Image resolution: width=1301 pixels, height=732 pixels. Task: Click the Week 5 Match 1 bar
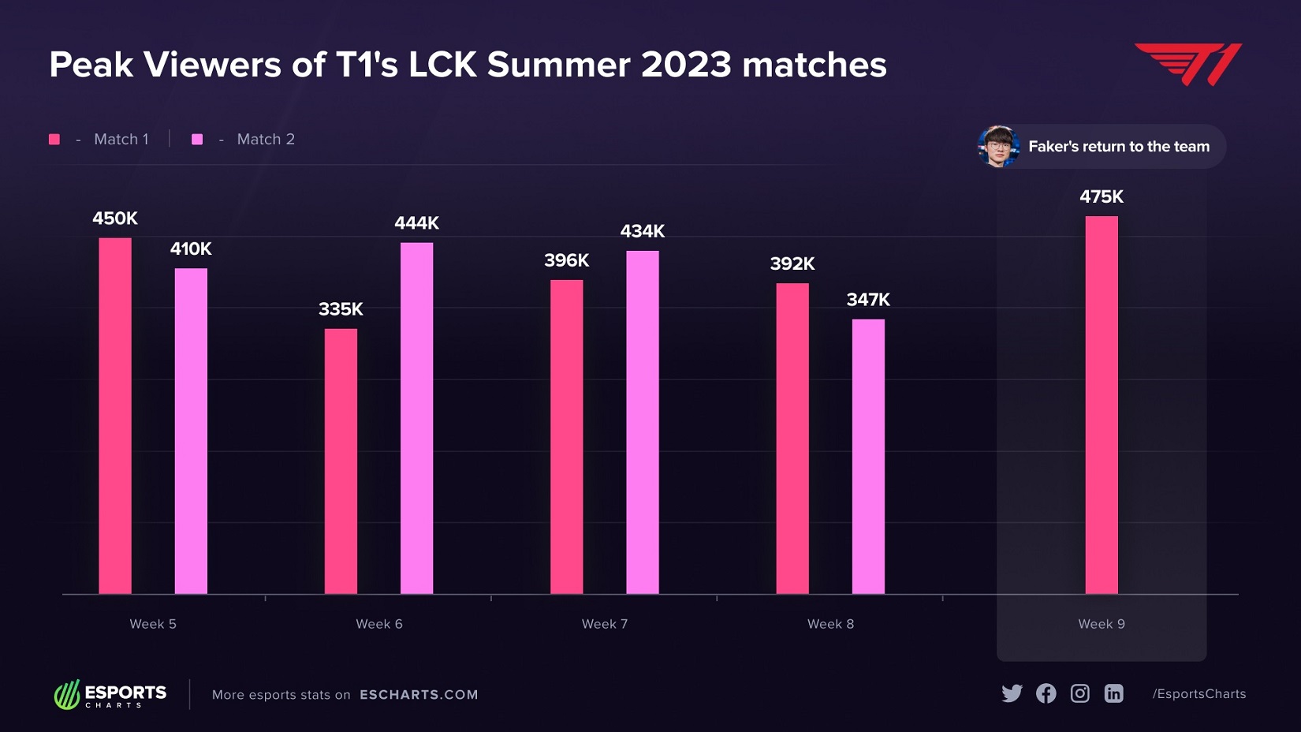[x=115, y=416]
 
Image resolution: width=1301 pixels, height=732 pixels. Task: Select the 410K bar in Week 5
[x=191, y=431]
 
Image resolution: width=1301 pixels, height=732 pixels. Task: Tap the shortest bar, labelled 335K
[x=341, y=461]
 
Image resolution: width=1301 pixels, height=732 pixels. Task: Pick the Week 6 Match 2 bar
[x=416, y=418]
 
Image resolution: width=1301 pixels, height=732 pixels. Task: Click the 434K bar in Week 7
[x=643, y=422]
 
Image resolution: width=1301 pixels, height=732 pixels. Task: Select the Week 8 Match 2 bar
[x=868, y=456]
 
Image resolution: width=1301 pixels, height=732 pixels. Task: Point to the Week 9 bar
[x=1102, y=405]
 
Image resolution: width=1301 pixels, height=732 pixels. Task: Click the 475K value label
[x=1102, y=196]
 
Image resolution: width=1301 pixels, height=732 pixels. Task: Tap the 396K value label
[x=566, y=260]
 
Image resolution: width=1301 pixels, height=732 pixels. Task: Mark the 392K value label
[x=792, y=263]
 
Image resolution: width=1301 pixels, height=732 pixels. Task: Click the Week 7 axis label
[x=605, y=624]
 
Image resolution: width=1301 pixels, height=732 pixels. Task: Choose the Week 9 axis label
[x=1102, y=624]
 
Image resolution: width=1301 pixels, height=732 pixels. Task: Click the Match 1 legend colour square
[x=54, y=140]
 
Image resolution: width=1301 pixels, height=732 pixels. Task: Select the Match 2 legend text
[x=266, y=140]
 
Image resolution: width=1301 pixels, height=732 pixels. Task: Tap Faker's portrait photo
[x=998, y=147]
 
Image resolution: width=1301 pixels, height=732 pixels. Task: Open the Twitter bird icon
[x=1012, y=693]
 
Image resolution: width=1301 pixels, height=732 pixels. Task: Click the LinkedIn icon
[x=1113, y=693]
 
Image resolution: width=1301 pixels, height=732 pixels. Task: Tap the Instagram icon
[x=1079, y=693]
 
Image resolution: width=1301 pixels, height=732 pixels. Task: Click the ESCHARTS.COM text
[x=419, y=695]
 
